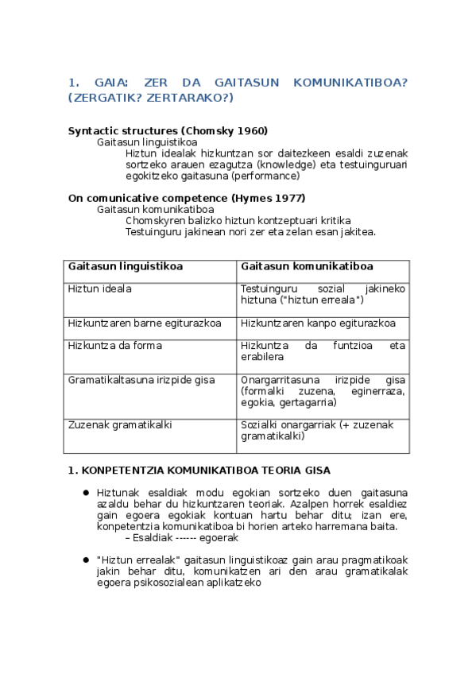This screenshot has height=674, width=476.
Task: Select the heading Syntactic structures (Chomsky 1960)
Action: tap(168, 130)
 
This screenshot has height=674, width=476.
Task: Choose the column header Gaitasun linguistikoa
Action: tap(126, 267)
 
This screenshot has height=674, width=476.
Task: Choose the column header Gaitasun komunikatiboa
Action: tap(307, 267)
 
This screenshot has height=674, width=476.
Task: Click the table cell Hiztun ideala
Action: tap(100, 289)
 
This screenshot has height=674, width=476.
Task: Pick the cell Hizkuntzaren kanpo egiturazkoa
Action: tap(318, 323)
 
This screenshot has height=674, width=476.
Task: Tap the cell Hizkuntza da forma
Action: tap(115, 346)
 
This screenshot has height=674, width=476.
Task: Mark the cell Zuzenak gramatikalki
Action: tap(120, 425)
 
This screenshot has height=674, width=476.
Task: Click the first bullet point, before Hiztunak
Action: tap(86, 493)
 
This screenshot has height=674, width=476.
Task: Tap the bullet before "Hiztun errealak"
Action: tap(86, 560)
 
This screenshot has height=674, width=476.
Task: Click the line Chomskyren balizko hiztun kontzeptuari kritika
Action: tap(238, 220)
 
